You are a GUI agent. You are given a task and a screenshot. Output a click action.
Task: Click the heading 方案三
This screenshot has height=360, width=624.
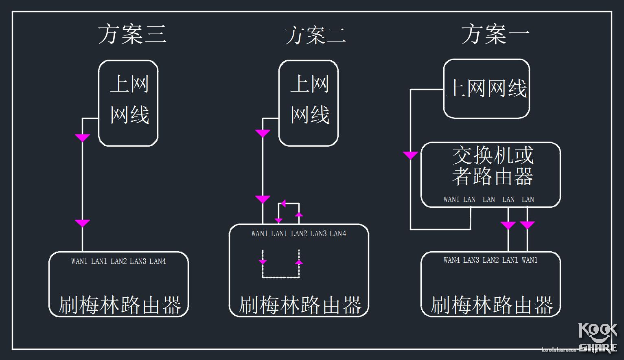[132, 34]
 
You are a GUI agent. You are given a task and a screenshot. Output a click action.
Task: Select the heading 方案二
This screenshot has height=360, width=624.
[315, 35]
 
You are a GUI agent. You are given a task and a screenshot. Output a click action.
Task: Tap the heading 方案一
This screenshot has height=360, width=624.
[495, 34]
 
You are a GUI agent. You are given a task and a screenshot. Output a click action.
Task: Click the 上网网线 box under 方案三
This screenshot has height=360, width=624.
[129, 103]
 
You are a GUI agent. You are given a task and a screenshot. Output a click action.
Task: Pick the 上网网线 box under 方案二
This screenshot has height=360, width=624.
[309, 103]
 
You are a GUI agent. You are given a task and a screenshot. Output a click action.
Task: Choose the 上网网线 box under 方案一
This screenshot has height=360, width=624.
[486, 88]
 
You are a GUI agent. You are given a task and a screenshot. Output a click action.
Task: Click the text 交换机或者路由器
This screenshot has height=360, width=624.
[493, 166]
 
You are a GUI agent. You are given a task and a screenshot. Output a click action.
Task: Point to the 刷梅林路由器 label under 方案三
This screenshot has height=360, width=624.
[120, 305]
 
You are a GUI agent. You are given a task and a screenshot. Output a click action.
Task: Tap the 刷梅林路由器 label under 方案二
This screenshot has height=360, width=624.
[300, 305]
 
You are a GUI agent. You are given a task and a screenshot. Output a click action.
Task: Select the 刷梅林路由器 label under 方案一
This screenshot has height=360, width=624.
[492, 305]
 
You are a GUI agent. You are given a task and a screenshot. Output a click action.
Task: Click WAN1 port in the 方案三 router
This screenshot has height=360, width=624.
[79, 261]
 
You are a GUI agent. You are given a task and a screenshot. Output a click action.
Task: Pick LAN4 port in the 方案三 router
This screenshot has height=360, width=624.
[158, 261]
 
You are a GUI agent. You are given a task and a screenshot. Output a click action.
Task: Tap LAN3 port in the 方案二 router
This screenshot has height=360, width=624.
[318, 234]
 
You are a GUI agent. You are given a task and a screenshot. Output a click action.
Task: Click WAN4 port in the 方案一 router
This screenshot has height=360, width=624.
[452, 260]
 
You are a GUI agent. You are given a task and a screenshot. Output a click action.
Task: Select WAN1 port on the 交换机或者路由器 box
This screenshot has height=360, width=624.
[451, 200]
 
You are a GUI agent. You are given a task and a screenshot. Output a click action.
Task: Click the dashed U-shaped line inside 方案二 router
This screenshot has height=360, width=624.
[281, 277]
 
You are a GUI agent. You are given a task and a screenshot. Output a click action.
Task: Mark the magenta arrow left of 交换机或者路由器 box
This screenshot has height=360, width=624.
[410, 155]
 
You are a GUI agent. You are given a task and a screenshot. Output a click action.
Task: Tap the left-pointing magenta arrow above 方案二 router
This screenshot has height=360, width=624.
[283, 203]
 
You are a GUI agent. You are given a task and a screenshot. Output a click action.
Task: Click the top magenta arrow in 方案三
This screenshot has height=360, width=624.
[82, 138]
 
